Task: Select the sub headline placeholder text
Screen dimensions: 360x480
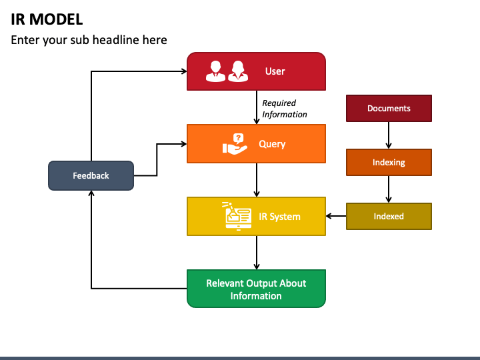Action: tap(89, 40)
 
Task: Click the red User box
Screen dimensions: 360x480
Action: tap(256, 71)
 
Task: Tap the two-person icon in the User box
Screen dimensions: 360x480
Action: tap(227, 71)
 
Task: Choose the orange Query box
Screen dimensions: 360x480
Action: tap(256, 144)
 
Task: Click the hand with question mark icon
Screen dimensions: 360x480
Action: tap(233, 144)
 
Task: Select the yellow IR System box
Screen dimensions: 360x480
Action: tap(256, 216)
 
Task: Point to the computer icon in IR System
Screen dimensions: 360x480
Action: tap(237, 216)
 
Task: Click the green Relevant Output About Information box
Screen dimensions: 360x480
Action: tap(256, 289)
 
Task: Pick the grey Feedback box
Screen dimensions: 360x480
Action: tap(91, 175)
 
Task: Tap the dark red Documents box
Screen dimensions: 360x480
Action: tap(389, 108)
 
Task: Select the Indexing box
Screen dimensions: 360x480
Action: tap(389, 162)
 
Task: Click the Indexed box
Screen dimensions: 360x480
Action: tap(389, 216)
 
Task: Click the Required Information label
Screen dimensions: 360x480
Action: tap(285, 109)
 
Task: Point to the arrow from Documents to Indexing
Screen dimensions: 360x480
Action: tap(389, 135)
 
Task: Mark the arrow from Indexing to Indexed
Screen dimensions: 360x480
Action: tap(389, 189)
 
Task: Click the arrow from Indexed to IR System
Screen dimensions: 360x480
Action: tap(336, 216)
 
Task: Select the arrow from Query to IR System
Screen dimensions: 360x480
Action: tap(257, 180)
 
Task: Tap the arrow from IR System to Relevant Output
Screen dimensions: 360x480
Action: tap(257, 253)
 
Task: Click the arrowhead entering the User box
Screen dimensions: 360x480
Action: tap(183, 71)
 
